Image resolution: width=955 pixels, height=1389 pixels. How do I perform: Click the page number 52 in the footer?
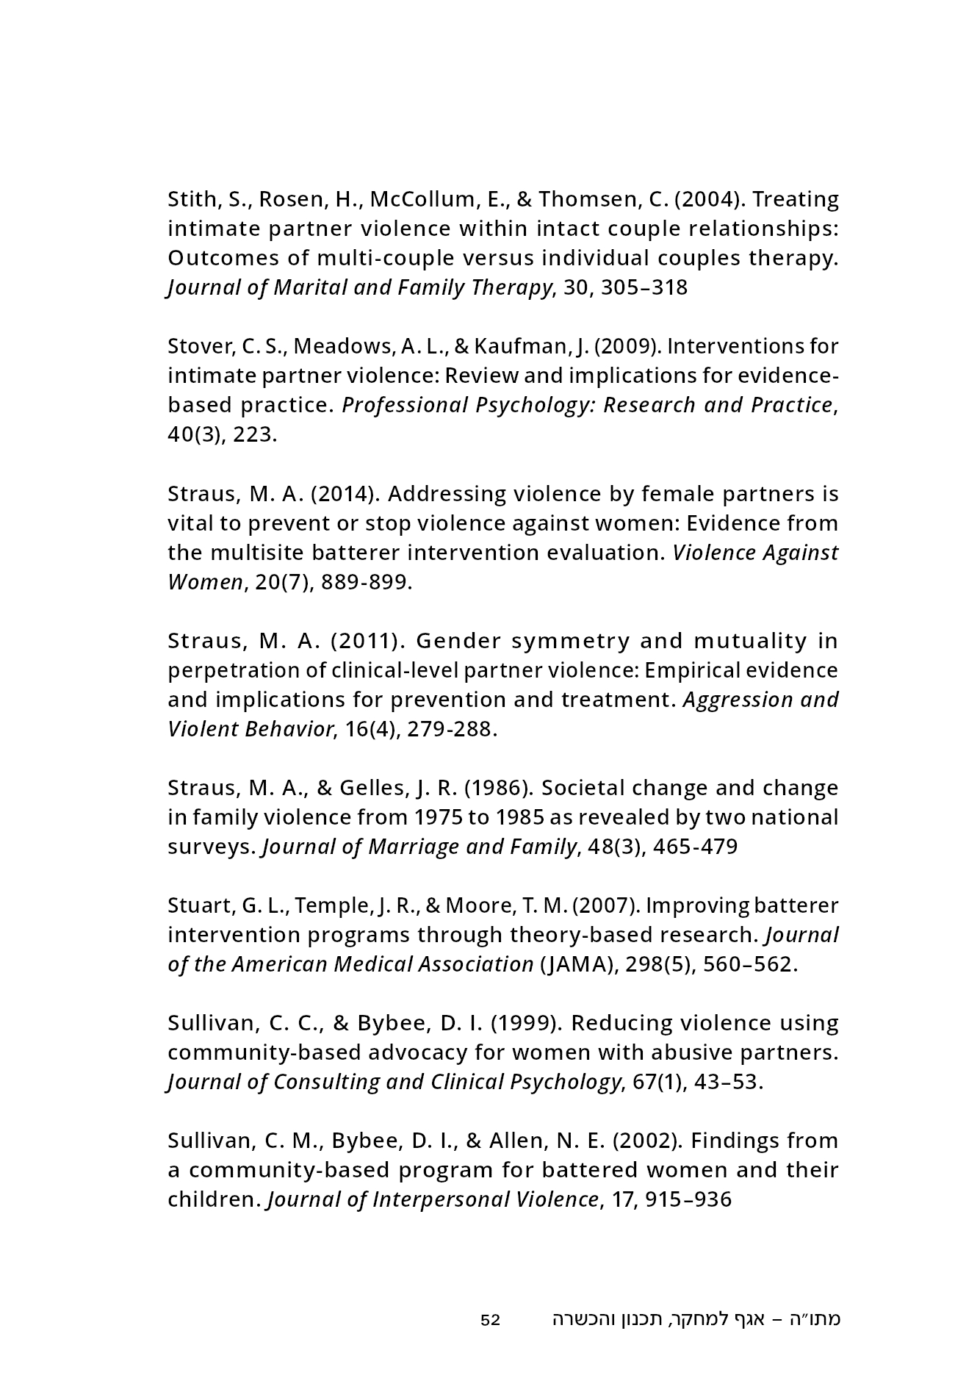point(490,1319)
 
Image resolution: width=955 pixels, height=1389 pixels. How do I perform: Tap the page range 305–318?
point(644,287)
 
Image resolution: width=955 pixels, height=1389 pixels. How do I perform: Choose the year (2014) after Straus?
point(345,493)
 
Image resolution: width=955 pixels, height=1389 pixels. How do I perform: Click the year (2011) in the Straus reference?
point(368,641)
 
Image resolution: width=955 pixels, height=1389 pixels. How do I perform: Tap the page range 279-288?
point(447,729)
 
